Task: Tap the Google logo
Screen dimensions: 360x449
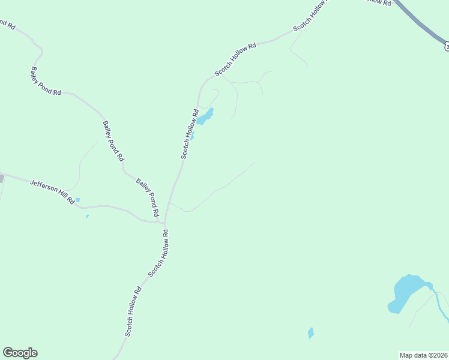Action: [x=20, y=353]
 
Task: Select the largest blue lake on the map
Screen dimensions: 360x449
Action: [x=405, y=292]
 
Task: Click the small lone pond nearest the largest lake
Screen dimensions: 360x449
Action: [x=310, y=332]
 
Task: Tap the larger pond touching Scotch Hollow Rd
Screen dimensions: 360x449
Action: [x=205, y=116]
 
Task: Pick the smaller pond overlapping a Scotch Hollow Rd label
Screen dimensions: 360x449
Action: [x=192, y=136]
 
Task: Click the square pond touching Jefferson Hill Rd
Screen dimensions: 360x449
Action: [x=77, y=200]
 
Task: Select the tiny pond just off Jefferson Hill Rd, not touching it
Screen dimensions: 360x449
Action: [x=87, y=216]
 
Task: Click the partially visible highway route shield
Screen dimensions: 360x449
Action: [x=446, y=46]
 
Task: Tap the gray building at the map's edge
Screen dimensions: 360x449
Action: [x=2, y=178]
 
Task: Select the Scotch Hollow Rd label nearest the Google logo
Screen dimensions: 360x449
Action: [x=133, y=311]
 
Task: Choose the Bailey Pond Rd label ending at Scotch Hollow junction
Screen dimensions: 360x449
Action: [x=148, y=197]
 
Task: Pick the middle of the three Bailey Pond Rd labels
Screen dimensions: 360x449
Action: [x=113, y=141]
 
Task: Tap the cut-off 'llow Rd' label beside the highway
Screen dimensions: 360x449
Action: [x=378, y=3]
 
